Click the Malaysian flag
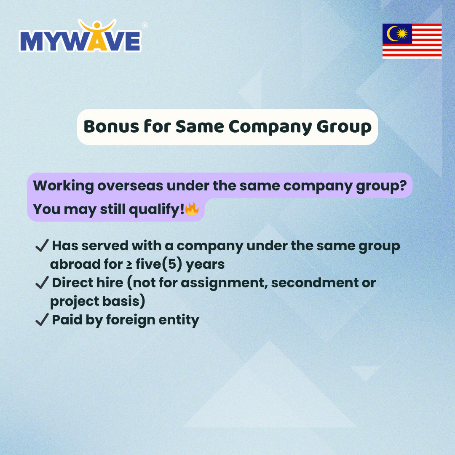[412, 41]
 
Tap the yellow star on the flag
[402, 34]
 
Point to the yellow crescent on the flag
[392, 34]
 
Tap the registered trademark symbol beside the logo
[145, 26]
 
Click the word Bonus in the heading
[111, 127]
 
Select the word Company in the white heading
[270, 127]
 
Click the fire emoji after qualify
[192, 209]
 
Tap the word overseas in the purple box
[130, 186]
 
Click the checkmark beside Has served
[42, 246]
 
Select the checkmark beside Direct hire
[42, 282]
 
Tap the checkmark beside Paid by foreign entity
[42, 319]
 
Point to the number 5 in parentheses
[172, 264]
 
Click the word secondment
[315, 283]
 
